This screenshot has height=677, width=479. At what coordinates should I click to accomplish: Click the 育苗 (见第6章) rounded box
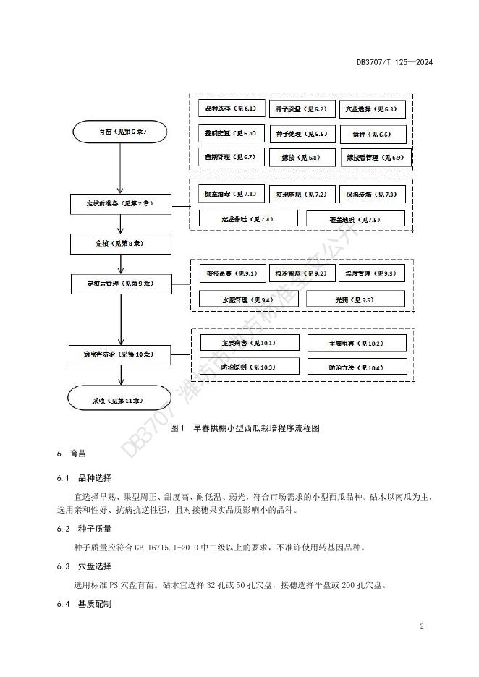point(121,132)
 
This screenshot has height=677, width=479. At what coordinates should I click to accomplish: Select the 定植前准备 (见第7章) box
point(121,205)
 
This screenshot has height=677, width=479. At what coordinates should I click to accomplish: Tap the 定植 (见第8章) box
point(120,243)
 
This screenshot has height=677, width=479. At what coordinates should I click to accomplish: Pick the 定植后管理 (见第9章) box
point(121,284)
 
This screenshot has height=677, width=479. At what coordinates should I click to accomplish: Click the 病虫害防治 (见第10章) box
point(121,355)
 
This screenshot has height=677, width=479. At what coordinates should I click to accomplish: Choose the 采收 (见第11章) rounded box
point(121,399)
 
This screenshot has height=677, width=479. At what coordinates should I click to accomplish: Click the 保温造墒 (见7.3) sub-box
point(371,195)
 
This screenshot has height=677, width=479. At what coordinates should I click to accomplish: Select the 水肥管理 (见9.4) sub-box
point(237,299)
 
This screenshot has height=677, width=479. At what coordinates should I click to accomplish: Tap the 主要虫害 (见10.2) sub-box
point(357,343)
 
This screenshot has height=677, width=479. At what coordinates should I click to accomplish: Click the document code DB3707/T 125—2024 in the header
point(394,62)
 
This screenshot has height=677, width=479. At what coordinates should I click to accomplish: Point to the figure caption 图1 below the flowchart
point(245,428)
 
